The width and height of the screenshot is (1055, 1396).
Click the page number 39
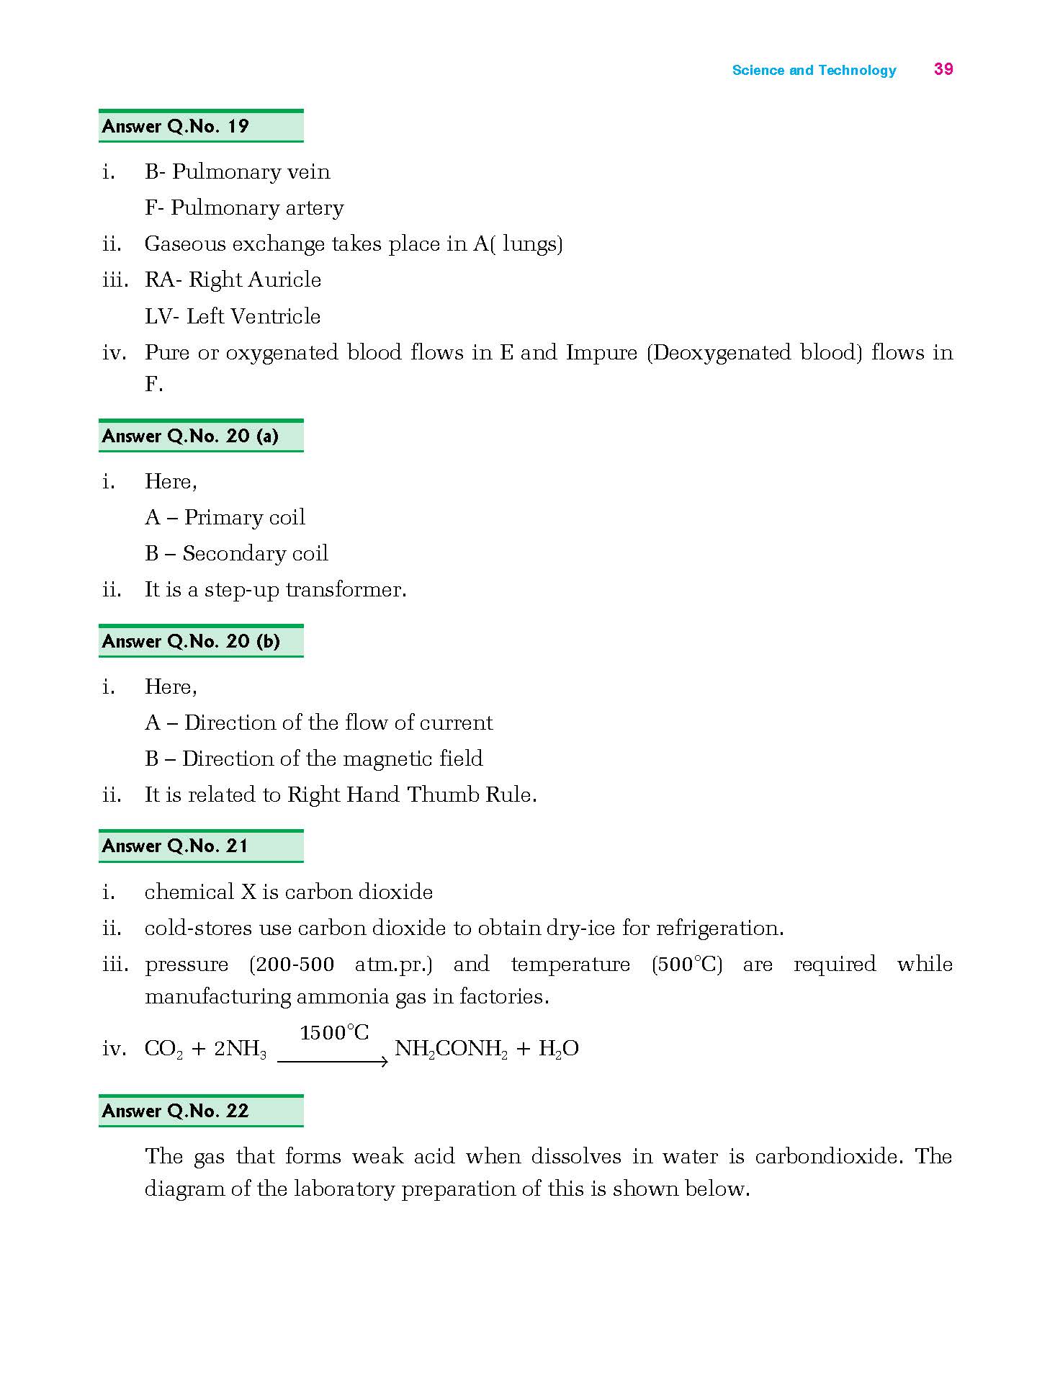[x=943, y=69]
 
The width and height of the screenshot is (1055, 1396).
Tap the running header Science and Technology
[x=814, y=71]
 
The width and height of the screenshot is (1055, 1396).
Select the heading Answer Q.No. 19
[x=176, y=127]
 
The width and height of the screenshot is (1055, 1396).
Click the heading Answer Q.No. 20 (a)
[x=190, y=436]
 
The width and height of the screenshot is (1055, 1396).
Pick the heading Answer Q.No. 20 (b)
[x=191, y=641]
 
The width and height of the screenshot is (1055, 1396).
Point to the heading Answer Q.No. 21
[x=176, y=846]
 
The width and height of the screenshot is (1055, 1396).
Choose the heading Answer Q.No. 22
[x=176, y=1111]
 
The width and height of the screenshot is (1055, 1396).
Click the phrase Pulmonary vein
[x=251, y=172]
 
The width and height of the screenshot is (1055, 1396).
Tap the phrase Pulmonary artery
[x=257, y=208]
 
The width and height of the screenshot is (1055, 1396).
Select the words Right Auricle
[x=255, y=280]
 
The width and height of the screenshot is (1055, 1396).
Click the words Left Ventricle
[x=253, y=316]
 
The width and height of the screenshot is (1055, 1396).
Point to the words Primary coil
[x=245, y=517]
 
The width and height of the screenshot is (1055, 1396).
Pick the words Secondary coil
[x=255, y=553]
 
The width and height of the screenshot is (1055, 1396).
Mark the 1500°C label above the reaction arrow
[x=334, y=1033]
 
